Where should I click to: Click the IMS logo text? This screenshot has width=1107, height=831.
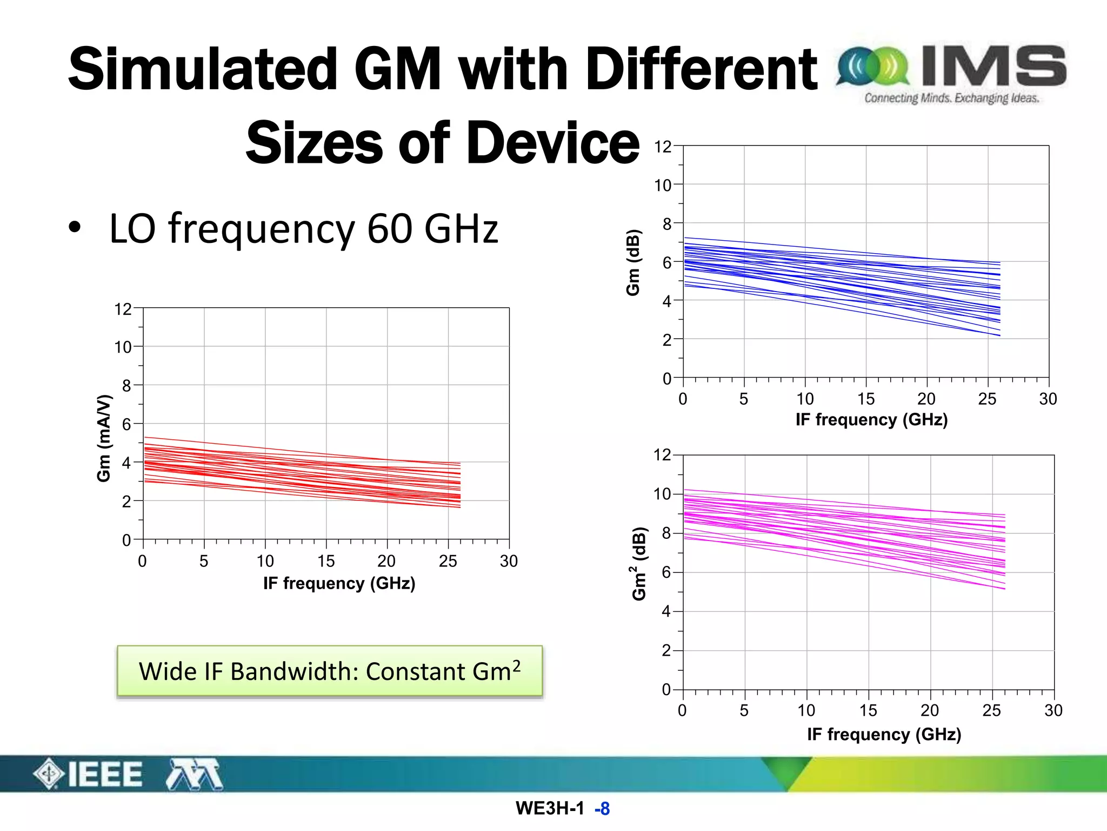993,67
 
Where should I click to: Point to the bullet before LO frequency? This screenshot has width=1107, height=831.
75,228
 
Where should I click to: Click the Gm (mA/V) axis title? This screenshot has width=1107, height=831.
104,438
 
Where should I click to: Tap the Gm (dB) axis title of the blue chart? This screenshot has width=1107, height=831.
633,263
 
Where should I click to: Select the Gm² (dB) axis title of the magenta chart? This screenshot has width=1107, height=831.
639,563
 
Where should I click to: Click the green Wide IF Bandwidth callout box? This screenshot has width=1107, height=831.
330,671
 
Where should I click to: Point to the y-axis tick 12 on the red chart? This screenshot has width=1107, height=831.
123,309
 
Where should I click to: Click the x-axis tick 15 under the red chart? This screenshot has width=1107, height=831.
326,561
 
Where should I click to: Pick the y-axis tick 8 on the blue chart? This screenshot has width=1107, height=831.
667,224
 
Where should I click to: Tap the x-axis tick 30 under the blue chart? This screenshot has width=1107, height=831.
1048,399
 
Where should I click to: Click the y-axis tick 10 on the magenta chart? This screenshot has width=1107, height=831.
662,494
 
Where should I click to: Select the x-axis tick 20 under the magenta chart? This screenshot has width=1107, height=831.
930,710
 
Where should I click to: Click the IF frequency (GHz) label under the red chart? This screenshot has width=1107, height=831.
339,583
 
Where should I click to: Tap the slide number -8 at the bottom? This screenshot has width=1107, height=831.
602,809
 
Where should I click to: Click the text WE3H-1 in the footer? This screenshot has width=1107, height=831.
549,808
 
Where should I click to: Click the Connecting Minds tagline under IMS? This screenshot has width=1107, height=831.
951,98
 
